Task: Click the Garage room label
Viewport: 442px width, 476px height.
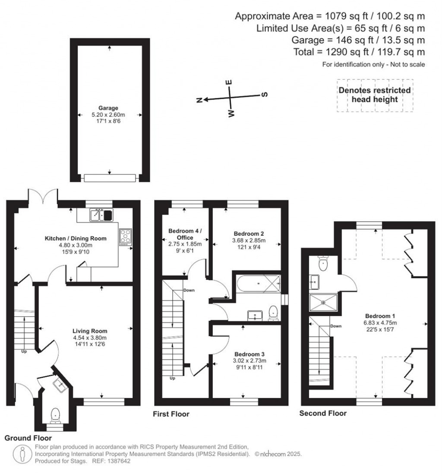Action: coord(108,108)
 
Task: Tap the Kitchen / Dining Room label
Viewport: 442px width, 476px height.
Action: coord(76,238)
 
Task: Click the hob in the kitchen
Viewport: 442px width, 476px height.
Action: coord(126,237)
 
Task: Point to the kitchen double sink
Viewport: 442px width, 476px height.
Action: coord(101,214)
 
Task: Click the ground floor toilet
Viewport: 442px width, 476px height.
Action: coord(55,415)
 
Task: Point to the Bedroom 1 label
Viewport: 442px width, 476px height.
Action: coord(378,315)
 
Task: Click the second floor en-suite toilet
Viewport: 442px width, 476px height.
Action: coord(323,262)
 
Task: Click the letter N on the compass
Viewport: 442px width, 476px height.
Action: coord(199,100)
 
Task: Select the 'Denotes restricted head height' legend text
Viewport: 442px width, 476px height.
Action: coord(374,95)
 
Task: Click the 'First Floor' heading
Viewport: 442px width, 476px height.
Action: coord(171,414)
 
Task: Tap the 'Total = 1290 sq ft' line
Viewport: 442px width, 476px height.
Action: coord(370,52)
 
